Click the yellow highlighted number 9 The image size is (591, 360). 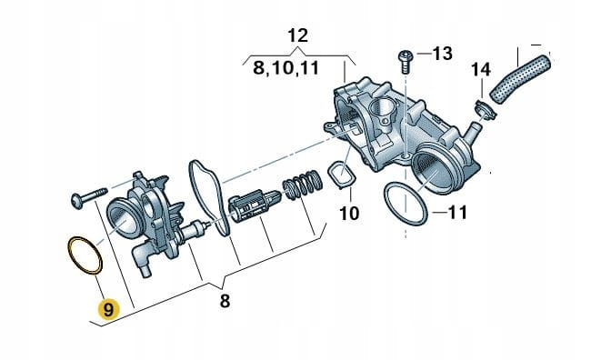(x=108, y=310)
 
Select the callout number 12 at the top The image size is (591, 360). (x=297, y=35)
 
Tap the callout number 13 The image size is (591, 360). (x=442, y=54)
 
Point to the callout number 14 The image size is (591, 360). (x=481, y=70)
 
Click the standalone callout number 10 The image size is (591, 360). (x=349, y=214)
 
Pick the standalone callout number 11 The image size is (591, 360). (x=457, y=213)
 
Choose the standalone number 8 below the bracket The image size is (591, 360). (x=225, y=301)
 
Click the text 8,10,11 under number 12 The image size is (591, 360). (x=286, y=68)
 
